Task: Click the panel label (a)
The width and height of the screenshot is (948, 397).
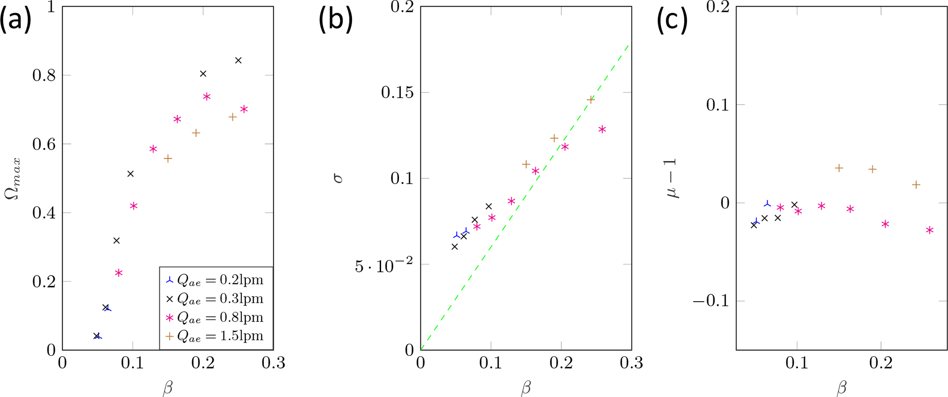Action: click(x=16, y=21)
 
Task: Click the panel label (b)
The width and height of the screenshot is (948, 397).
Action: click(x=335, y=21)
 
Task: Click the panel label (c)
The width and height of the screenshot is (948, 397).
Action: click(x=672, y=21)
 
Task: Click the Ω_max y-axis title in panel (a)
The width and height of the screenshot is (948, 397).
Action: click(x=13, y=179)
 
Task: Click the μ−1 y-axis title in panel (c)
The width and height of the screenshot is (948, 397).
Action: click(x=673, y=178)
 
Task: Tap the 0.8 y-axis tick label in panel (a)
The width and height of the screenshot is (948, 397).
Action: click(x=44, y=75)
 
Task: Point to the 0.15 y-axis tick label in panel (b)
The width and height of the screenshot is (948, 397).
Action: click(x=397, y=93)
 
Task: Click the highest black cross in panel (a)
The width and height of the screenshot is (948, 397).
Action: click(x=238, y=61)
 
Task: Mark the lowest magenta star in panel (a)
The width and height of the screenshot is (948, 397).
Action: click(x=119, y=273)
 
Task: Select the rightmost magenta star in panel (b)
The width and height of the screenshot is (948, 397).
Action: click(x=602, y=130)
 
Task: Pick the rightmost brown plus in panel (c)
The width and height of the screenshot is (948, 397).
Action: click(x=916, y=185)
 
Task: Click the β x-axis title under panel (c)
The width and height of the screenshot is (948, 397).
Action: click(x=841, y=388)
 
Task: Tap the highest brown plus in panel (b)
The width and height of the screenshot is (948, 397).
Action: click(x=591, y=99)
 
